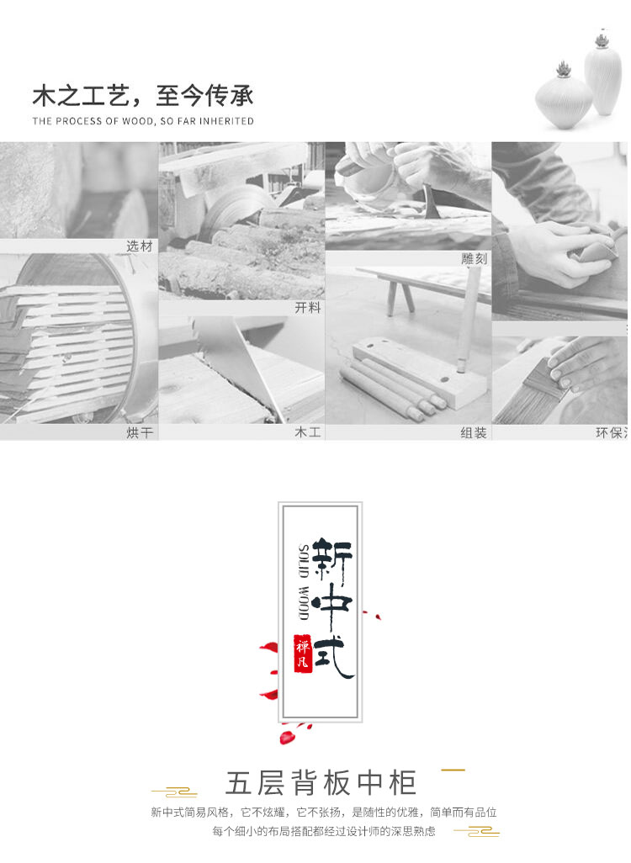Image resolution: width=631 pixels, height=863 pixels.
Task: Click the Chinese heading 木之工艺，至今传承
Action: pos(143,96)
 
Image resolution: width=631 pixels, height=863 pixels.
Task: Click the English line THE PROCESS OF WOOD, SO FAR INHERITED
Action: pos(143,121)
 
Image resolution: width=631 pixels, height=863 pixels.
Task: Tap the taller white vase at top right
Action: pos(603,74)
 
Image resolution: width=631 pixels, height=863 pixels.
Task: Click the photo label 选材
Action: pos(140,246)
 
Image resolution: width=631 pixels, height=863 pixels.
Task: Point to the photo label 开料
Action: pos(308,308)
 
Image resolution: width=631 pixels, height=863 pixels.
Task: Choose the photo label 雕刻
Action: pos(474,259)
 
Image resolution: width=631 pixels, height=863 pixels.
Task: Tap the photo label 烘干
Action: pos(140,432)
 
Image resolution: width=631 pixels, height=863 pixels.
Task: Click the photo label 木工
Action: pos(308,432)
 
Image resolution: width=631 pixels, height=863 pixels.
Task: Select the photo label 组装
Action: pos(474,432)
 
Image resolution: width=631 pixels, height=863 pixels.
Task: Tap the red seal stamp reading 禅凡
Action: pos(303,654)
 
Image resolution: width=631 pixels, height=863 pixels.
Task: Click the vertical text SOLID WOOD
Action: pos(304,582)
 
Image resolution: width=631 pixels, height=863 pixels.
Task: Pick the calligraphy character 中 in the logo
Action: pos(332,606)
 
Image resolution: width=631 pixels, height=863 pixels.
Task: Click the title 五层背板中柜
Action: pos(321,782)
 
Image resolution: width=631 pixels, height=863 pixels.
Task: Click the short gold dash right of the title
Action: pos(453,770)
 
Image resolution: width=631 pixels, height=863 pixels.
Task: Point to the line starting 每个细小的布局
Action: pos(324,831)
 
